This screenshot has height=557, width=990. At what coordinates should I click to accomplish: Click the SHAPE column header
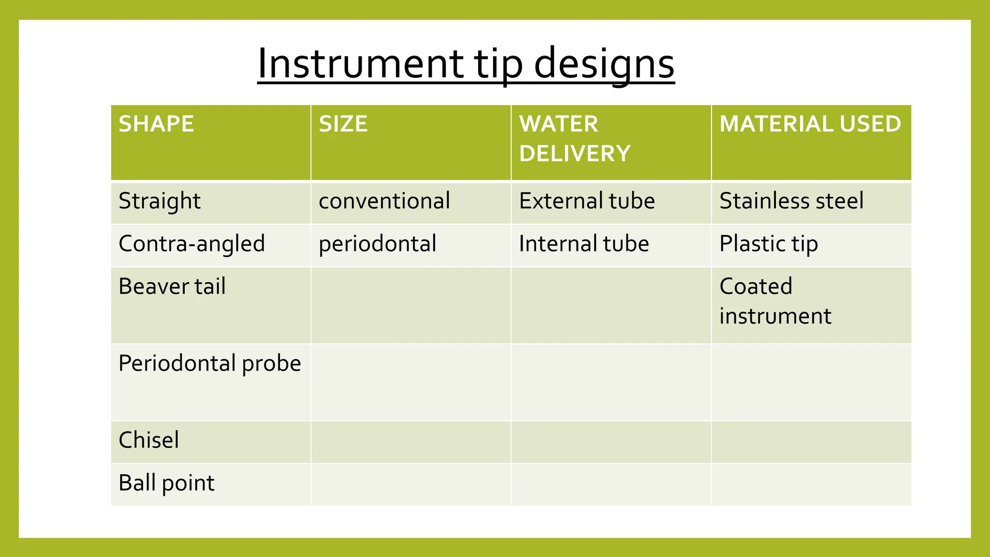(156, 124)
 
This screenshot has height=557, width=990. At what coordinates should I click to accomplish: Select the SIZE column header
(343, 124)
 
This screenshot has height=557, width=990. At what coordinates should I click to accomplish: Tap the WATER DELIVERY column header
(574, 139)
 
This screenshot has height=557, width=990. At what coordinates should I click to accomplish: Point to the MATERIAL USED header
(810, 124)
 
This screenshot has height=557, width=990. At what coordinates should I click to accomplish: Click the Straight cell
(160, 201)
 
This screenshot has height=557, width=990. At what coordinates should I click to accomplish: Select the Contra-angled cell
(191, 244)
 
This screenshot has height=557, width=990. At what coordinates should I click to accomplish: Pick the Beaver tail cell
(172, 286)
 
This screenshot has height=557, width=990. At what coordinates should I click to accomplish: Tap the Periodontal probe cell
(209, 364)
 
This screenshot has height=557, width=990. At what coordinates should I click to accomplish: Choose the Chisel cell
(148, 440)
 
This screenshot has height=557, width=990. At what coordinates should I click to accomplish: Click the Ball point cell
(166, 483)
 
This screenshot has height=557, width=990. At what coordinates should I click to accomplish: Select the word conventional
(384, 201)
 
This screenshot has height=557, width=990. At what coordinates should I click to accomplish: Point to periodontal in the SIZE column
(377, 244)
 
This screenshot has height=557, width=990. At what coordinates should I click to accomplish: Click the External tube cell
(586, 201)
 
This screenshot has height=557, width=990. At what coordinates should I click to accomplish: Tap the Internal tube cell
(583, 244)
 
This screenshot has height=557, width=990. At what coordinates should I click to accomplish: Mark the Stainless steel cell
(791, 201)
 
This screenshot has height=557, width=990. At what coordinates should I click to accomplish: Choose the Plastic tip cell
(768, 244)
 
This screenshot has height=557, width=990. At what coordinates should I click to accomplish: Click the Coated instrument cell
(775, 301)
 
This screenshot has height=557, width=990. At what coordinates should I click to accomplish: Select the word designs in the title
(604, 64)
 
